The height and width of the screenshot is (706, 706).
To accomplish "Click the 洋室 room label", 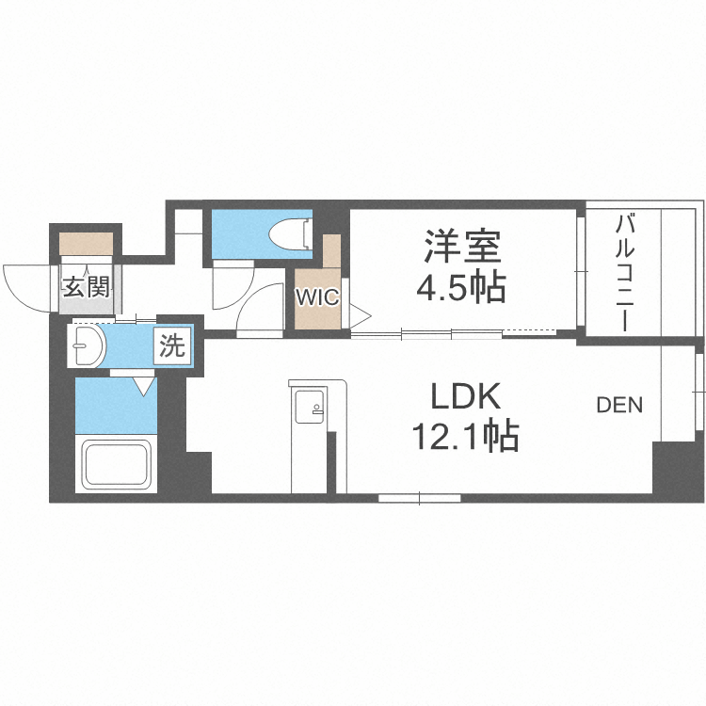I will [x=461, y=247].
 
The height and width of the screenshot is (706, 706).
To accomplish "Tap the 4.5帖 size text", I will [x=461, y=286].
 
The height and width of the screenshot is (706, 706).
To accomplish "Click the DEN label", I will [x=619, y=406].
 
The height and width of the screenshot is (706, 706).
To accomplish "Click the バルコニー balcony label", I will [x=623, y=272].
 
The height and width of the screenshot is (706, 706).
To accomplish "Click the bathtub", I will [x=118, y=464].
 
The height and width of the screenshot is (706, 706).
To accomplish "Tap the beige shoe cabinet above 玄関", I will [x=87, y=243].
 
